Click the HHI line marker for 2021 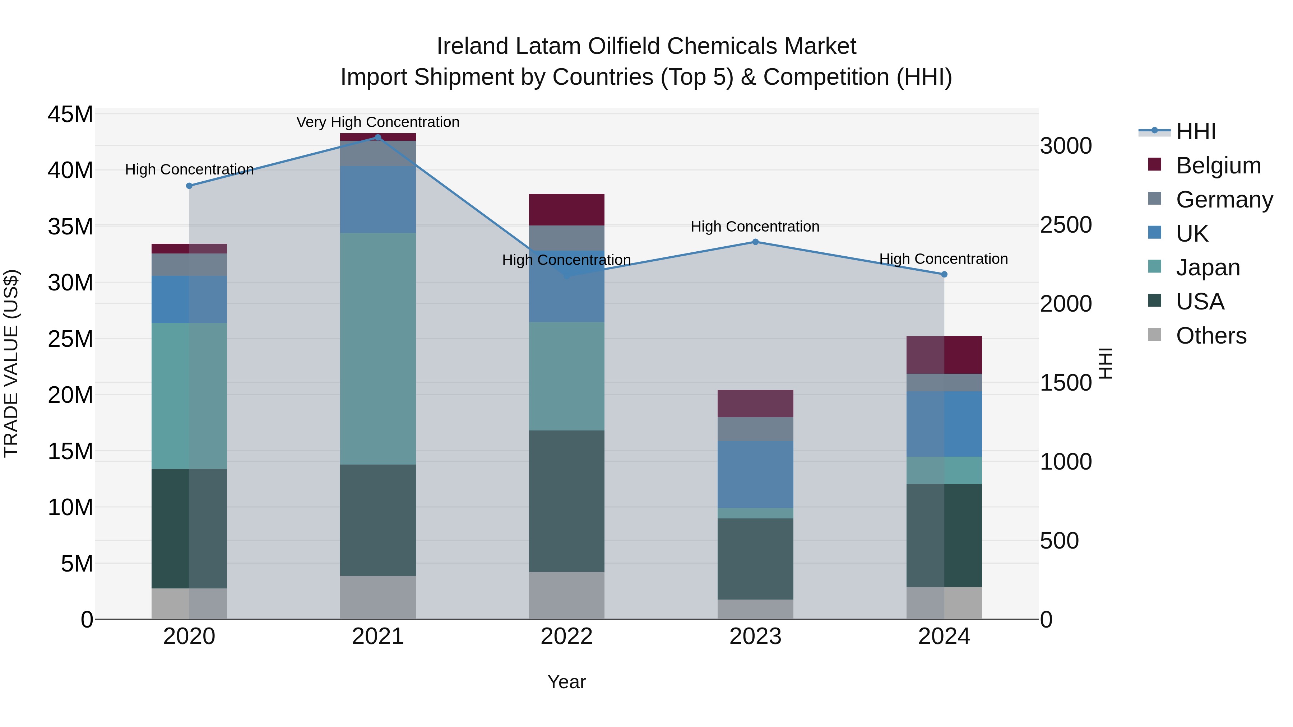[x=378, y=137]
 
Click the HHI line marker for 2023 [x=755, y=242]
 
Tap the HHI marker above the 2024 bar [x=944, y=274]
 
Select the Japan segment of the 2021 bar [x=378, y=349]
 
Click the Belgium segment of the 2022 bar [x=567, y=210]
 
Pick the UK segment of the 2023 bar [x=755, y=475]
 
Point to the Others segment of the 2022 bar [x=567, y=596]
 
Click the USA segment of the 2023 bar [x=755, y=559]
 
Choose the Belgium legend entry [x=1218, y=166]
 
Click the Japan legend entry [x=1208, y=267]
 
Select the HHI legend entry [x=1196, y=131]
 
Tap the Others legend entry [x=1211, y=336]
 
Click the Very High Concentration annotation [x=378, y=122]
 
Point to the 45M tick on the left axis [x=70, y=115]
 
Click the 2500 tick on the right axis [x=1066, y=225]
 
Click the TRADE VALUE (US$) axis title [x=11, y=364]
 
